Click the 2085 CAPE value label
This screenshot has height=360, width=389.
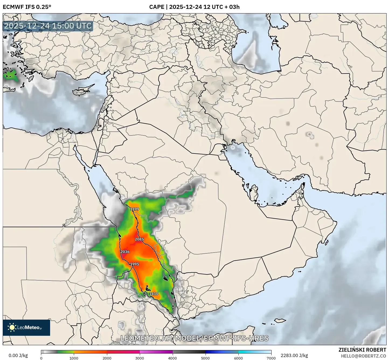[139, 239]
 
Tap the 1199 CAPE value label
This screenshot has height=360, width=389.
[134, 209]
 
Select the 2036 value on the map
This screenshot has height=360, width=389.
[125, 252]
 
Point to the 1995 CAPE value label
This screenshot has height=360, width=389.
[134, 264]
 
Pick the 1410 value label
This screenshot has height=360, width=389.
[154, 293]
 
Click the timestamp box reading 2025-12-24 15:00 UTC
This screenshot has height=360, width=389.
[48, 26]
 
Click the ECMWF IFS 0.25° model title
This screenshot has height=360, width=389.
[27, 7]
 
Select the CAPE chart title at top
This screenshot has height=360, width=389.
[194, 7]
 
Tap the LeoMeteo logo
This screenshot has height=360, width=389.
[26, 327]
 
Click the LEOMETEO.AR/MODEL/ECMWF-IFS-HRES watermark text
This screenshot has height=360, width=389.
[194, 338]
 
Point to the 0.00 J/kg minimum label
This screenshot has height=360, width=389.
[18, 355]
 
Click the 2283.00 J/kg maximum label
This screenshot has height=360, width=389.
[294, 355]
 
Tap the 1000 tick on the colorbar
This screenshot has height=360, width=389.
[74, 358]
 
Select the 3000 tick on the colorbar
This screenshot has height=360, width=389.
[140, 358]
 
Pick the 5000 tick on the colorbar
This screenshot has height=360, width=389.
[205, 358]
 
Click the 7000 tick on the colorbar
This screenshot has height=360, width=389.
[271, 358]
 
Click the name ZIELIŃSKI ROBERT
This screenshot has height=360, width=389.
[362, 350]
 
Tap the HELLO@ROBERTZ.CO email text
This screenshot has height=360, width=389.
[363, 356]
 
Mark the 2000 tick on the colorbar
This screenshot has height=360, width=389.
[107, 358]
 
